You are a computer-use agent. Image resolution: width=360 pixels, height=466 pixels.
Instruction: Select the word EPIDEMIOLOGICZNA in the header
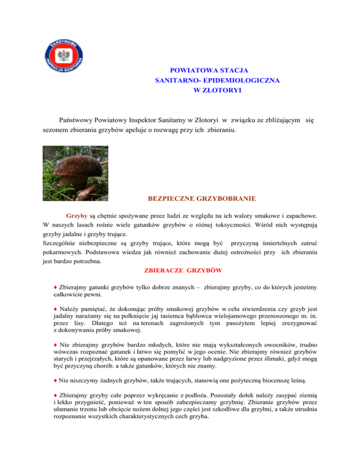(244, 81)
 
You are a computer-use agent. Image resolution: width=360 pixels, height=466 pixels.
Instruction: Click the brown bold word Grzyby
(76, 218)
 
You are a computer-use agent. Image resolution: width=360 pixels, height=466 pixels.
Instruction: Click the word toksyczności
(260, 228)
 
